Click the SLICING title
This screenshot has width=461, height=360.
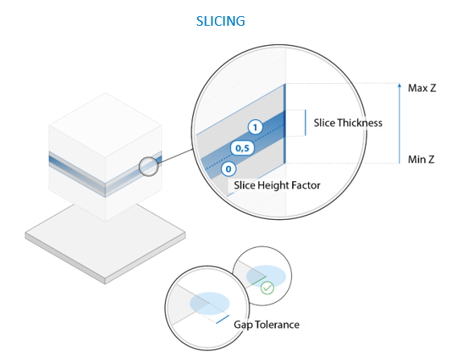pyautogui.click(x=220, y=21)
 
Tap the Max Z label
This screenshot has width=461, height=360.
pyautogui.click(x=422, y=88)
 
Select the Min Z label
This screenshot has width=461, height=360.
pyautogui.click(x=421, y=159)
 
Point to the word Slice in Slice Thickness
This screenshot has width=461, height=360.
pyautogui.click(x=324, y=122)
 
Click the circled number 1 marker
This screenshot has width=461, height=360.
pyautogui.click(x=255, y=127)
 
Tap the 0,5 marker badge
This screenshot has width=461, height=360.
pyautogui.click(x=242, y=147)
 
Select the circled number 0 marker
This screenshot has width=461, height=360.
pyautogui.click(x=228, y=169)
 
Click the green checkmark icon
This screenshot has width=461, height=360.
pyautogui.click(x=267, y=288)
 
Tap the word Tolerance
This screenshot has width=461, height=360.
pyautogui.click(x=278, y=325)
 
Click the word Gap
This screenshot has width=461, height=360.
pyautogui.click(x=244, y=325)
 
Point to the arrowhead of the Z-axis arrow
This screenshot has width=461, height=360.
pyautogui.click(x=399, y=85)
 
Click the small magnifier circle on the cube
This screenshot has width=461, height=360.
pyautogui.click(x=149, y=167)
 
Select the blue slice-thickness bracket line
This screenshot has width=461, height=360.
pyautogui.click(x=306, y=122)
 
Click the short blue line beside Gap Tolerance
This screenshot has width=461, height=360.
pyautogui.click(x=223, y=320)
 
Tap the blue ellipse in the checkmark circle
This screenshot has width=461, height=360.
pyautogui.click(x=266, y=276)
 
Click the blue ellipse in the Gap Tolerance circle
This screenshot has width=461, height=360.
pyautogui.click(x=210, y=303)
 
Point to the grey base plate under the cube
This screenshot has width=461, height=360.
pyautogui.click(x=105, y=243)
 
